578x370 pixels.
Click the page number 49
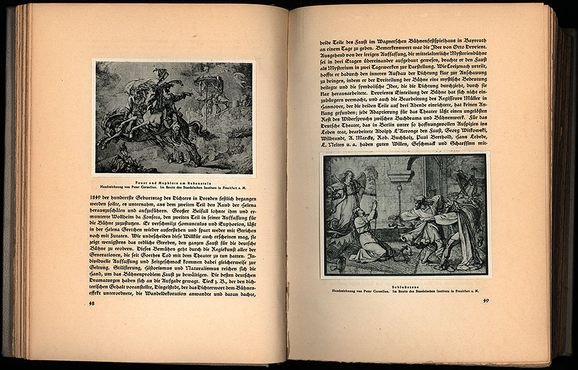pyautogui.click(x=486, y=300)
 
